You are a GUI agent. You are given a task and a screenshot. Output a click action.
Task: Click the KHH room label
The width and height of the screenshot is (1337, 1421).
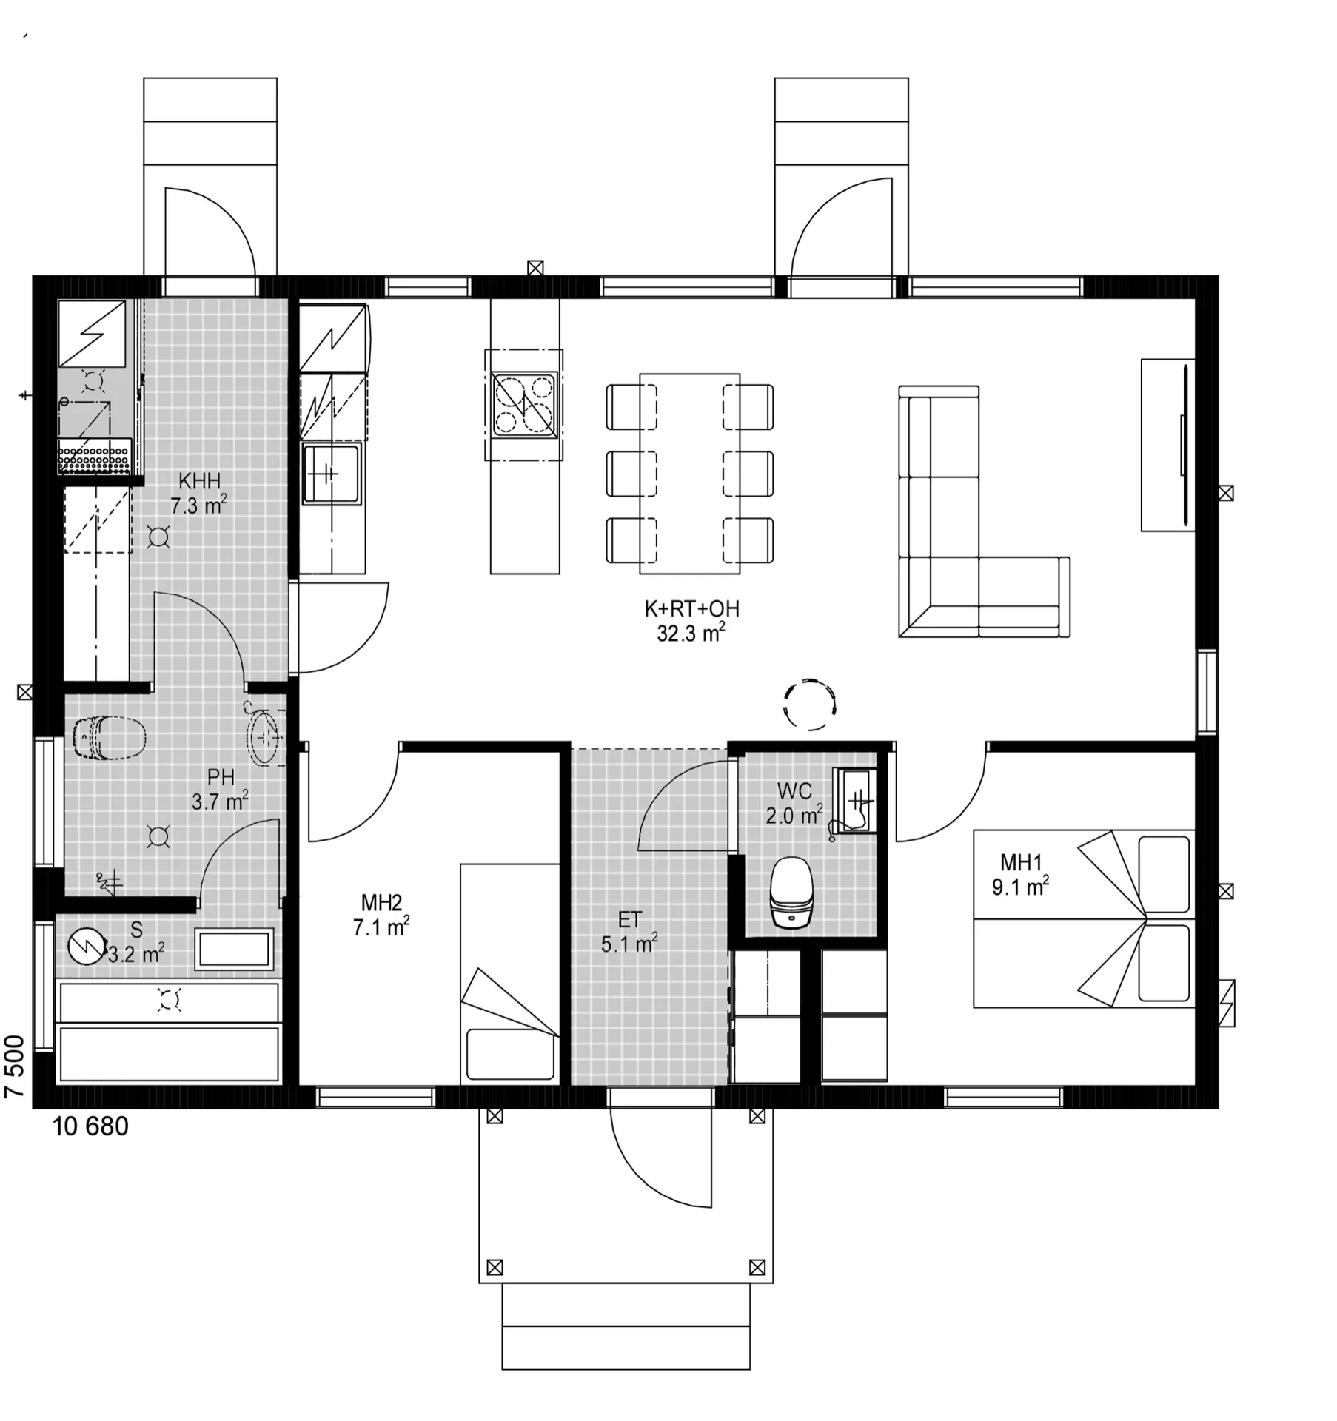[199, 481]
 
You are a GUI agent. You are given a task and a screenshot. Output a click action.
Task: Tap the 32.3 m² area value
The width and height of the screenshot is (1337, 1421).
[691, 633]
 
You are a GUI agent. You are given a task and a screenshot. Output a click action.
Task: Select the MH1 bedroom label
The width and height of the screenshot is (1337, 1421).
[1021, 862]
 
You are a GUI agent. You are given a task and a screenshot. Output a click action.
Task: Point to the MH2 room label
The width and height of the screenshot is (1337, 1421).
[381, 903]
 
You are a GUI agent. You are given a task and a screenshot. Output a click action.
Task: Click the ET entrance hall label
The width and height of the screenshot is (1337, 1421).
[629, 920]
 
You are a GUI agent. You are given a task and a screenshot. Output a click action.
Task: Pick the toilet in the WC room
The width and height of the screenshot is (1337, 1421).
[791, 893]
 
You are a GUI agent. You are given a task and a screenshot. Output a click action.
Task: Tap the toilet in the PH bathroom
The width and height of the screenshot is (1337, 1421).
[110, 737]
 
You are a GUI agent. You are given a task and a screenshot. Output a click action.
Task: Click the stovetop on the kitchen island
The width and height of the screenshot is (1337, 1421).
[524, 404]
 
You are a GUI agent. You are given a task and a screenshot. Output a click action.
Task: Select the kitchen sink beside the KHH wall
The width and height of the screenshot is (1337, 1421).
[331, 474]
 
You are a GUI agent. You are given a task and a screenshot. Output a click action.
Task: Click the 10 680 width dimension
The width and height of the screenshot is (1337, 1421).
[90, 1126]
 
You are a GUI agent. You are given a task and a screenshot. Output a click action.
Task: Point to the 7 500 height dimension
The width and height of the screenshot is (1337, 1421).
[15, 1066]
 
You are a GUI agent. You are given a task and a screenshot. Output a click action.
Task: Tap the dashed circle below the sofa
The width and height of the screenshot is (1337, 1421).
[809, 705]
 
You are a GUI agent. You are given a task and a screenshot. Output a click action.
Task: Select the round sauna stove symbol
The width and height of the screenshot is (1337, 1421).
[87, 946]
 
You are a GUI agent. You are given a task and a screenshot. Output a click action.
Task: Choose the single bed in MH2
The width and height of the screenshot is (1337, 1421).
[509, 974]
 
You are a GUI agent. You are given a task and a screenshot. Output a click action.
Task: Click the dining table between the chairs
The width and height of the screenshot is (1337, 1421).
[689, 474]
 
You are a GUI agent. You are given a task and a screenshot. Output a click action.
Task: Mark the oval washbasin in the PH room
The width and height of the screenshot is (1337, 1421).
[265, 737]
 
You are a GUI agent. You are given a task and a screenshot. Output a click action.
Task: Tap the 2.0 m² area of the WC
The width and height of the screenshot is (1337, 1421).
[794, 815]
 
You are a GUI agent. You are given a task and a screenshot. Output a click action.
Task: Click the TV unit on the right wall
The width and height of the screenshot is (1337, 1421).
[1168, 445]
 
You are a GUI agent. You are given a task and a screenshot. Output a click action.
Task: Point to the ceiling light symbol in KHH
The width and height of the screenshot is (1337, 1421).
[158, 537]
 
